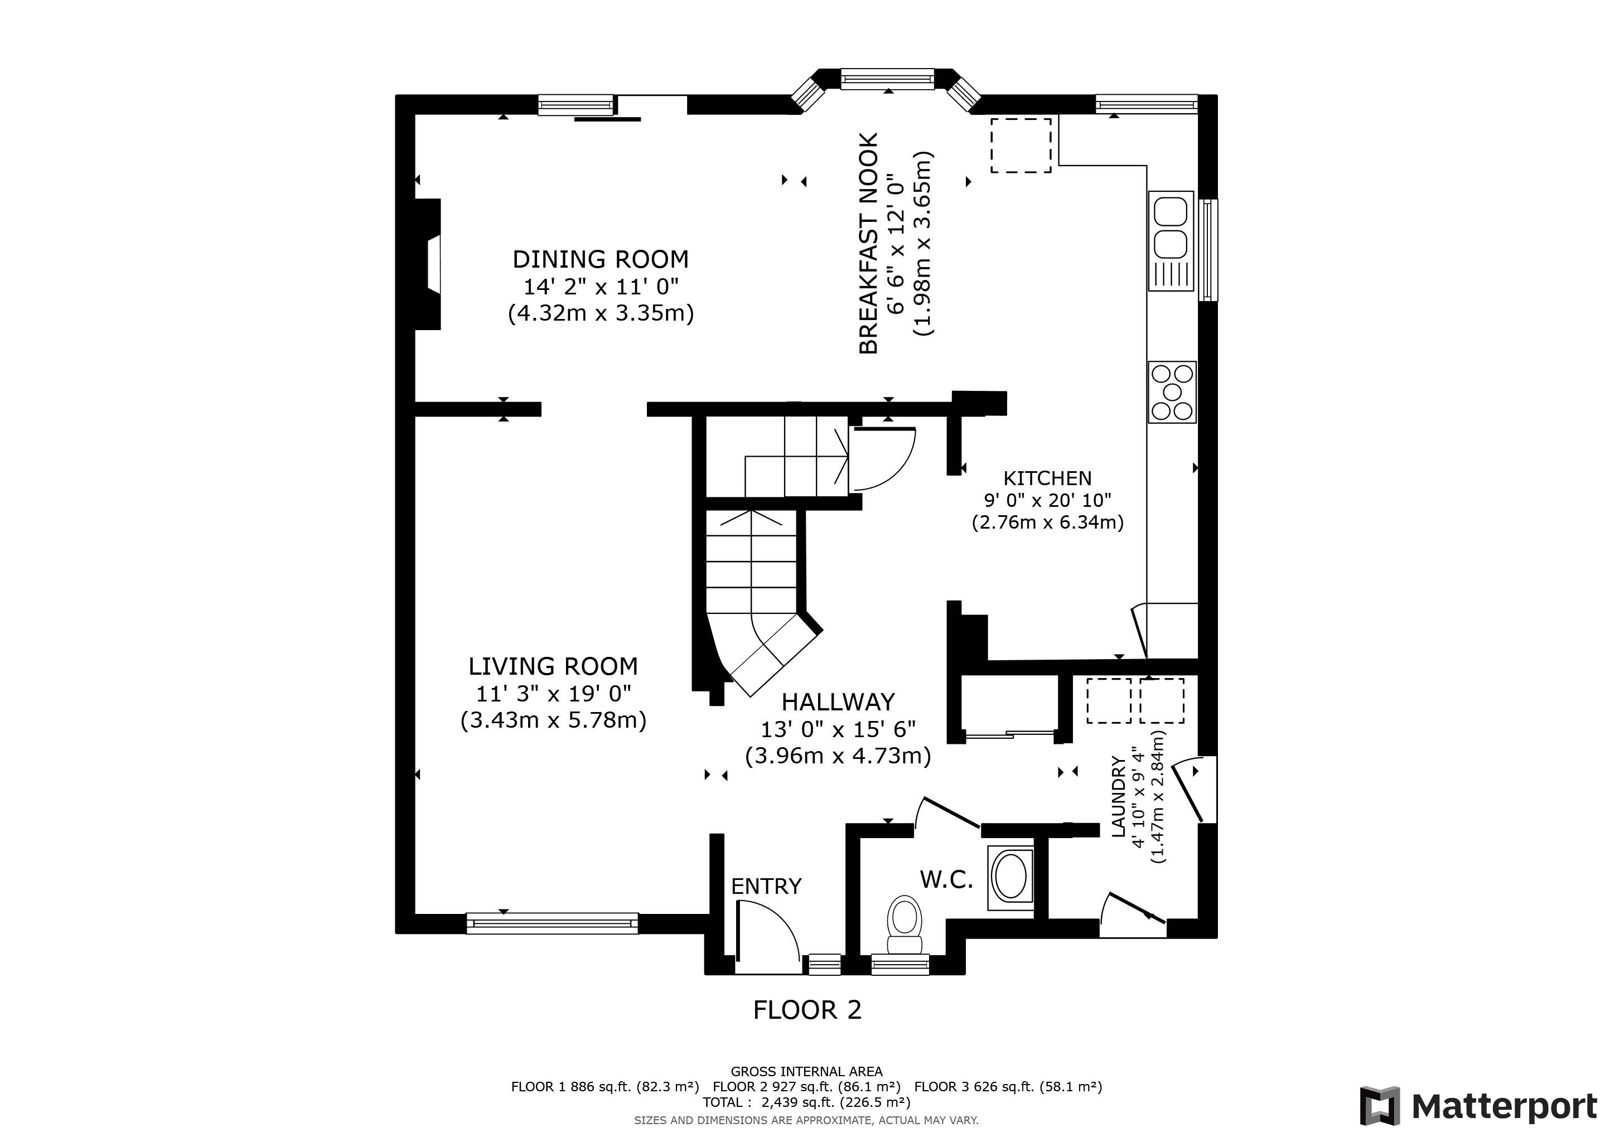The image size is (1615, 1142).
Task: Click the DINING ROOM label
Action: coord(600,259)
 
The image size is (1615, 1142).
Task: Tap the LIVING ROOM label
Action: coord(553,666)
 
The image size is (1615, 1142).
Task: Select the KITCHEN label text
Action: coord(1047,478)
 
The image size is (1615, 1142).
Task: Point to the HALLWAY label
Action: coord(838,702)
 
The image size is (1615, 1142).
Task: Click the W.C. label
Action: coord(946,879)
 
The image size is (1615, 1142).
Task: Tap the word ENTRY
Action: coord(766,886)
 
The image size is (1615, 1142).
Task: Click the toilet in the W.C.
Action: coord(905,925)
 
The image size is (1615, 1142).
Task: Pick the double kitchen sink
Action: coord(1171,240)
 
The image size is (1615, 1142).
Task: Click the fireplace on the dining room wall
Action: coord(428,264)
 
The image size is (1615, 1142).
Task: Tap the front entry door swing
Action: coord(767,930)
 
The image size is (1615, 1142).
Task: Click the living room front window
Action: coord(552,923)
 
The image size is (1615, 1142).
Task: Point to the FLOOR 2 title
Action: coord(807,1010)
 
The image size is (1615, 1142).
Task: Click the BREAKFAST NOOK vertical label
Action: coord(869,243)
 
